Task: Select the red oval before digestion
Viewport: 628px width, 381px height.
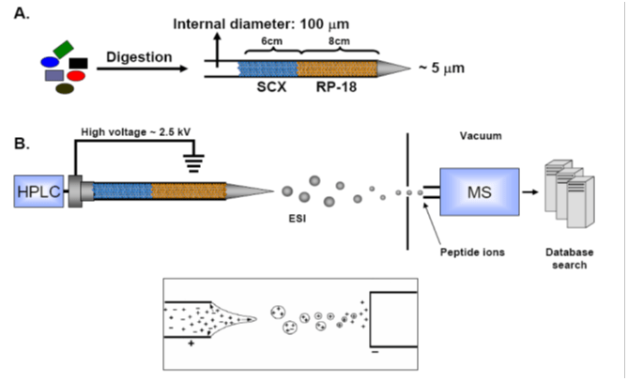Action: (x=76, y=74)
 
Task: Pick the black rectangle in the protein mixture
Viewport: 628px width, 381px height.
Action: (x=78, y=62)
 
